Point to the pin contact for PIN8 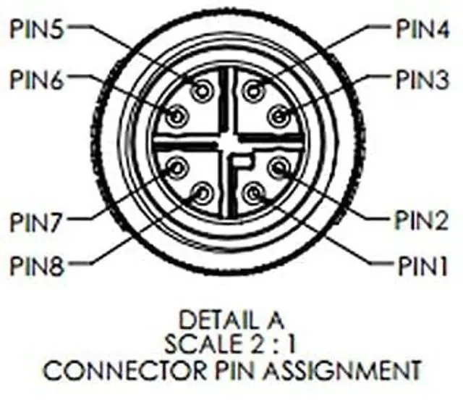coord(202,193)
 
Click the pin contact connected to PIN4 coord(252,91)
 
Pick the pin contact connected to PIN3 coord(279,114)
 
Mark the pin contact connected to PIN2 coord(279,169)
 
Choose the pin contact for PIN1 coord(252,193)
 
